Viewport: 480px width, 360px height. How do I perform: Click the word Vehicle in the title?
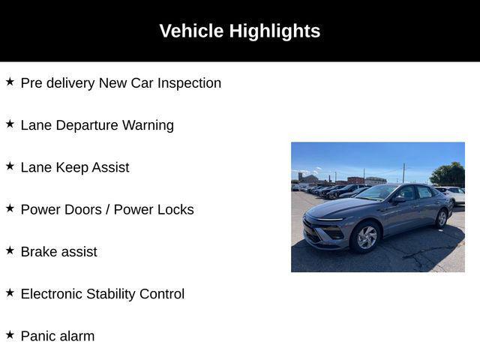191,31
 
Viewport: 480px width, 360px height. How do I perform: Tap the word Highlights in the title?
274,31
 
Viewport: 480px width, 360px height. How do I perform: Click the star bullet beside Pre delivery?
10,82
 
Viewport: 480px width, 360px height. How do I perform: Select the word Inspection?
189,83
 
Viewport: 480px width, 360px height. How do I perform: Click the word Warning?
148,126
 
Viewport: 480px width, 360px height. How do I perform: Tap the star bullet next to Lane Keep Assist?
10,166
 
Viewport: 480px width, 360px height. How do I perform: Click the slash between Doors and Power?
108,210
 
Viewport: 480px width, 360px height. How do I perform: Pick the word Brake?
38,252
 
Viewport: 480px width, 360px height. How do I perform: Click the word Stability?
111,295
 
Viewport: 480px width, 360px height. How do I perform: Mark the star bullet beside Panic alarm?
10,335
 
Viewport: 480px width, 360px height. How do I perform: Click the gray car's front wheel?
366,237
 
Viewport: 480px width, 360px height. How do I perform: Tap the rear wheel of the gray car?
442,218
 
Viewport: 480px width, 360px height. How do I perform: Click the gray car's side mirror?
398,200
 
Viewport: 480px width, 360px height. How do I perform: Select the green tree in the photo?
448,175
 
